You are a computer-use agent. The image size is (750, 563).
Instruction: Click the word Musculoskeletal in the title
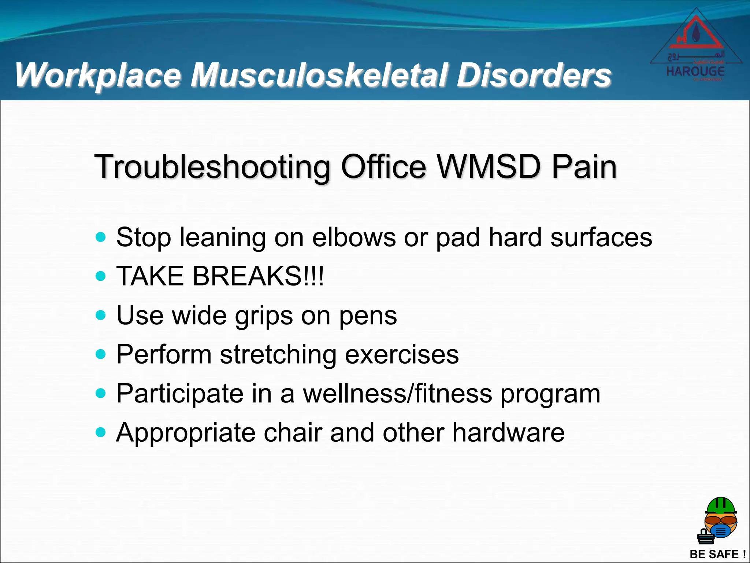[319, 75]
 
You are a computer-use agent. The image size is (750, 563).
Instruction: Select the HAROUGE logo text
[695, 71]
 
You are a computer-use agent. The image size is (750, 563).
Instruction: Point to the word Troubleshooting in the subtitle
[212, 167]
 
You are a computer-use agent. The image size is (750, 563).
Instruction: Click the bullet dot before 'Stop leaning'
[100, 237]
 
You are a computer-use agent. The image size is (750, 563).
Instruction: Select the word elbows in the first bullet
[354, 238]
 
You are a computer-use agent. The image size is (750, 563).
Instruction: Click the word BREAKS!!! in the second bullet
[258, 276]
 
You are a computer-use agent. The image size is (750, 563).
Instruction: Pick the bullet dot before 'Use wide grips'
[100, 315]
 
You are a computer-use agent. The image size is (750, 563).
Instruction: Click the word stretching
[278, 354]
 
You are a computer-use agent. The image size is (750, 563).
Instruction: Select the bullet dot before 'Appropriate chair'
[100, 432]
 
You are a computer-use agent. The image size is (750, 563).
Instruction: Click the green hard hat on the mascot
[721, 506]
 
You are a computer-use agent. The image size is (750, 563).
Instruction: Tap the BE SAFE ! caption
[717, 554]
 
